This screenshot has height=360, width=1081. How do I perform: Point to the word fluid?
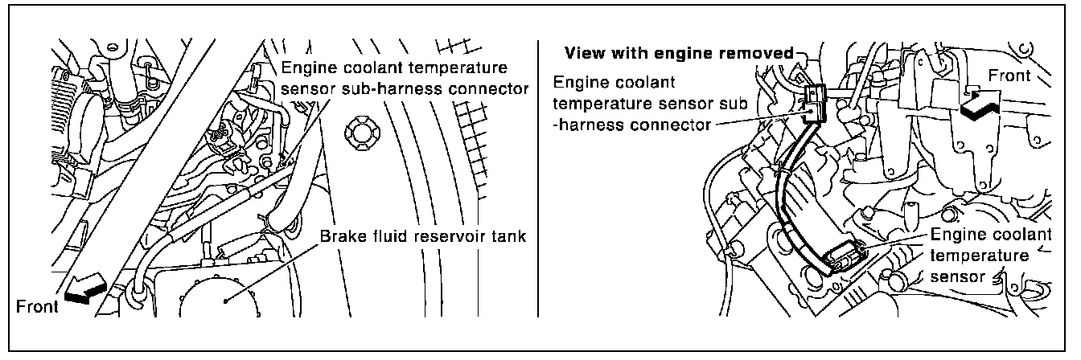click(x=386, y=237)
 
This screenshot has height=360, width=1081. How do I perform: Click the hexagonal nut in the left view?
click(x=358, y=133)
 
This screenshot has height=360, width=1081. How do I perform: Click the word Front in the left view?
click(x=37, y=306)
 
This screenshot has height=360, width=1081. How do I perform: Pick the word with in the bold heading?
click(x=628, y=54)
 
